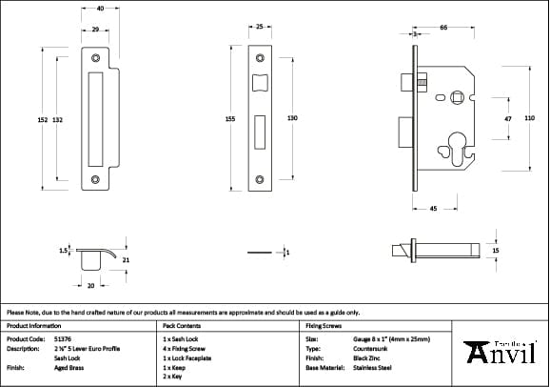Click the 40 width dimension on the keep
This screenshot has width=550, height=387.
100,8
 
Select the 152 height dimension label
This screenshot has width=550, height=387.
42,119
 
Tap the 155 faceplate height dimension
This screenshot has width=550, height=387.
231,119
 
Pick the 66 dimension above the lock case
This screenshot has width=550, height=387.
444,29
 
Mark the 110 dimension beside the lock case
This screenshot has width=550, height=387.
529,116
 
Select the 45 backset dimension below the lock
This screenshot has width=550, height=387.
433,208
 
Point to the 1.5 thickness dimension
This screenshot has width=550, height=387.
63,251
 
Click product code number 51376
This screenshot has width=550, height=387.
62,338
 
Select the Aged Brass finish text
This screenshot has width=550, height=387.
69,366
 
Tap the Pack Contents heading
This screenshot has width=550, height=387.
183,325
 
